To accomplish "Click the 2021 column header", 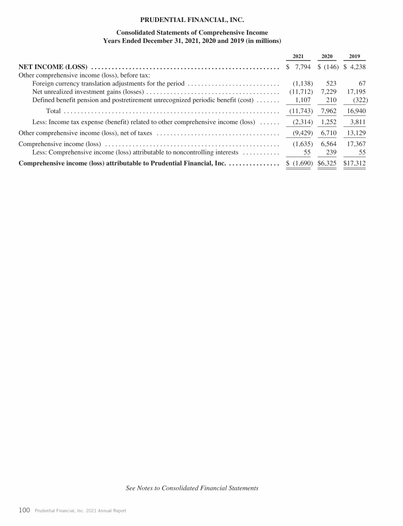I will click(298, 56).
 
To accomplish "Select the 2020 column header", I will click(326, 56).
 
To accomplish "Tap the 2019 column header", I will click(354, 56).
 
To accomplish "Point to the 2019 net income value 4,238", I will click(356, 67).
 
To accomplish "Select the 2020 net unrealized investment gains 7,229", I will click(328, 92).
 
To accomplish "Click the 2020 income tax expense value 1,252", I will click(328, 122).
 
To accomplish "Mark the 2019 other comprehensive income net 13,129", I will click(355, 133).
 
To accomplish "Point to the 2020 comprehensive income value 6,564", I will click(328, 144).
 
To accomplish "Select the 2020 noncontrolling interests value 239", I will click(331, 152).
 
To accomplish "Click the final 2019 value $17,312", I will click(354, 163).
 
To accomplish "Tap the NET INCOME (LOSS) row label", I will click(52, 67).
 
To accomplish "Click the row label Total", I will click(53, 111).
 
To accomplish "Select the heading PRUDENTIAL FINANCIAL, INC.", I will click(192, 20).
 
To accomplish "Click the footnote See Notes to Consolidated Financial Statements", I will click(192, 488).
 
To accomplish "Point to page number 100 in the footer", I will click(24, 510).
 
